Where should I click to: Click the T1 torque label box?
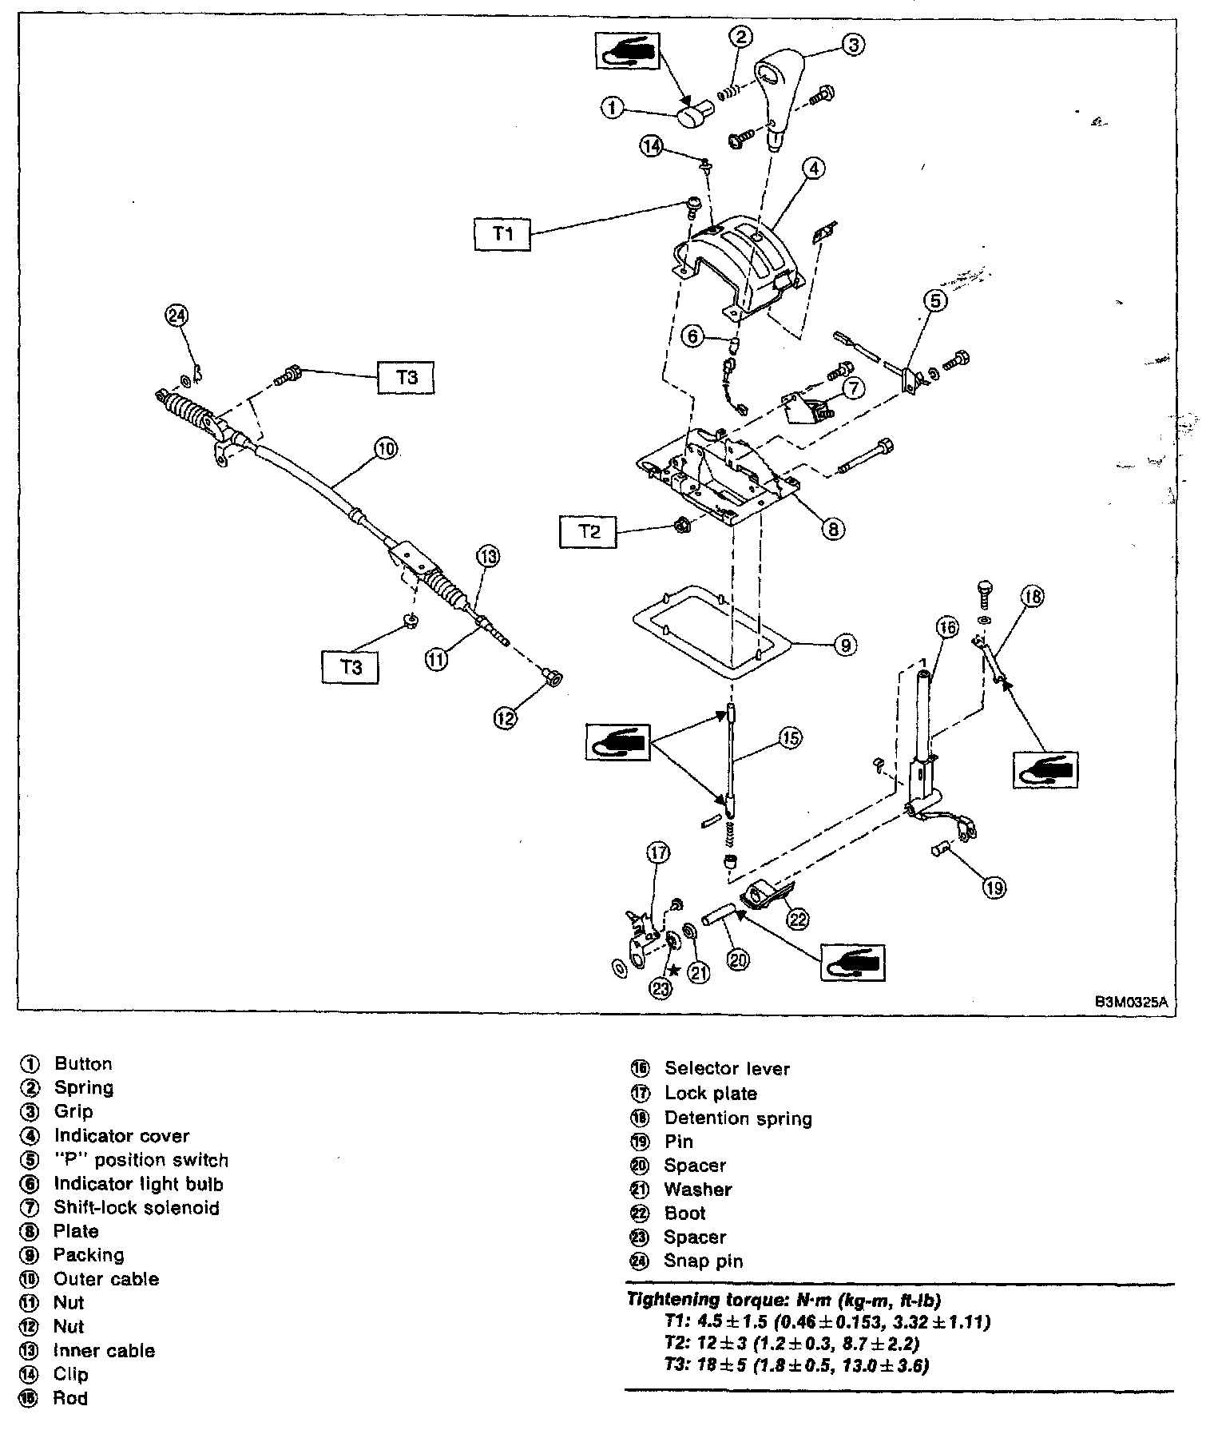(502, 234)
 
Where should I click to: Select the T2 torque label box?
(589, 531)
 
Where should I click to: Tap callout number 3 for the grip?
(853, 45)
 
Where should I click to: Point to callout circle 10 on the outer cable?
(386, 449)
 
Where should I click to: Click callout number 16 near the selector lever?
(946, 628)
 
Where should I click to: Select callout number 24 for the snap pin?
(176, 316)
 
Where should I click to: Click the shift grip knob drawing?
(773, 96)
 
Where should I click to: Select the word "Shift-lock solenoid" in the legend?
(136, 1208)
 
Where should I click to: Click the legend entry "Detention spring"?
(737, 1118)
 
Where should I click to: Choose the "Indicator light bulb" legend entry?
(138, 1184)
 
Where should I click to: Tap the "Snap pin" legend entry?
(703, 1261)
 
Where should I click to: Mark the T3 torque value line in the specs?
(795, 1365)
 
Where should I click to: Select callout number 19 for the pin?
(994, 888)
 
